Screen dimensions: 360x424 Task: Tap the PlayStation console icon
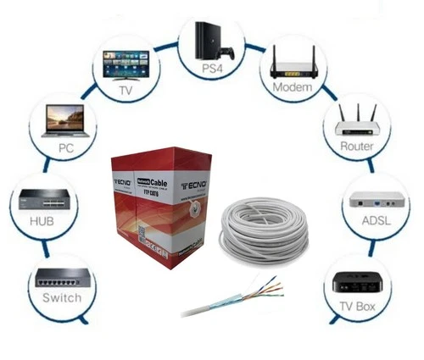coord(209,37)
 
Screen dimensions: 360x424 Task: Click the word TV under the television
coord(126,89)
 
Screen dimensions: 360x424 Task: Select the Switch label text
coord(62,297)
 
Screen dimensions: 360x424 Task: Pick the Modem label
coord(296,88)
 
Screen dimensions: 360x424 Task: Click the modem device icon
coord(296,64)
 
